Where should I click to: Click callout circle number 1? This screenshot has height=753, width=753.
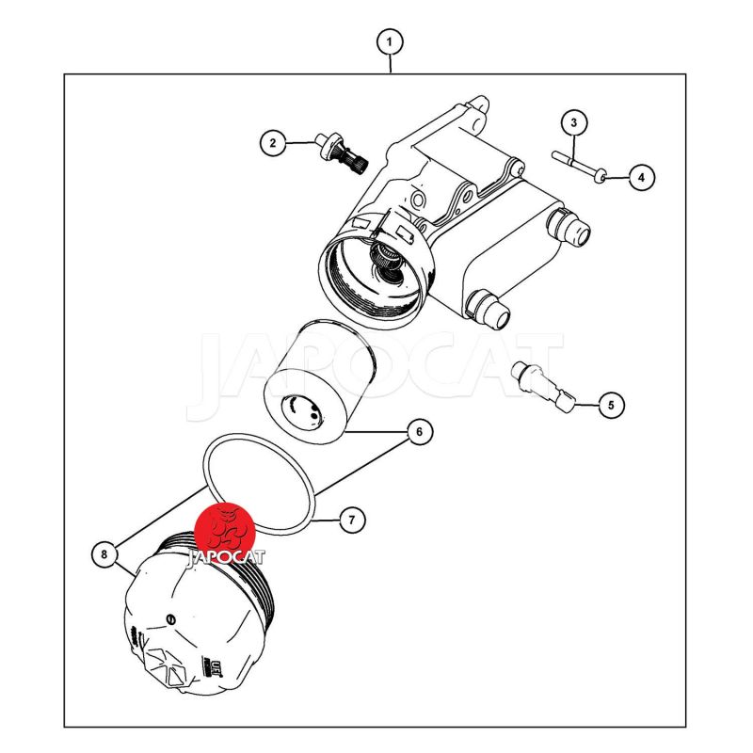click(389, 42)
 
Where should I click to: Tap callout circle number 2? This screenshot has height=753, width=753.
click(273, 143)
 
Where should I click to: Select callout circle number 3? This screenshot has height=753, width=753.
click(574, 123)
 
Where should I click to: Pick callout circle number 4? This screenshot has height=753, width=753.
click(642, 177)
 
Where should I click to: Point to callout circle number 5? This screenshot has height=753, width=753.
click(611, 405)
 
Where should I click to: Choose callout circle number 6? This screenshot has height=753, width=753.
click(419, 432)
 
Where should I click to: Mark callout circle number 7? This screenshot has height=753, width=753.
click(352, 520)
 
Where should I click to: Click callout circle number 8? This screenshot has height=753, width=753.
click(104, 554)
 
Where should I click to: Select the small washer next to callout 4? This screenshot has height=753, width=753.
click(600, 179)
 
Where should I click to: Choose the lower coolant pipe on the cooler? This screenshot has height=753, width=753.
click(489, 310)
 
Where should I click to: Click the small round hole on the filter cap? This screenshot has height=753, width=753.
click(169, 619)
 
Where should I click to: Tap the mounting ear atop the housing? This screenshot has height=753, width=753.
click(479, 106)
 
